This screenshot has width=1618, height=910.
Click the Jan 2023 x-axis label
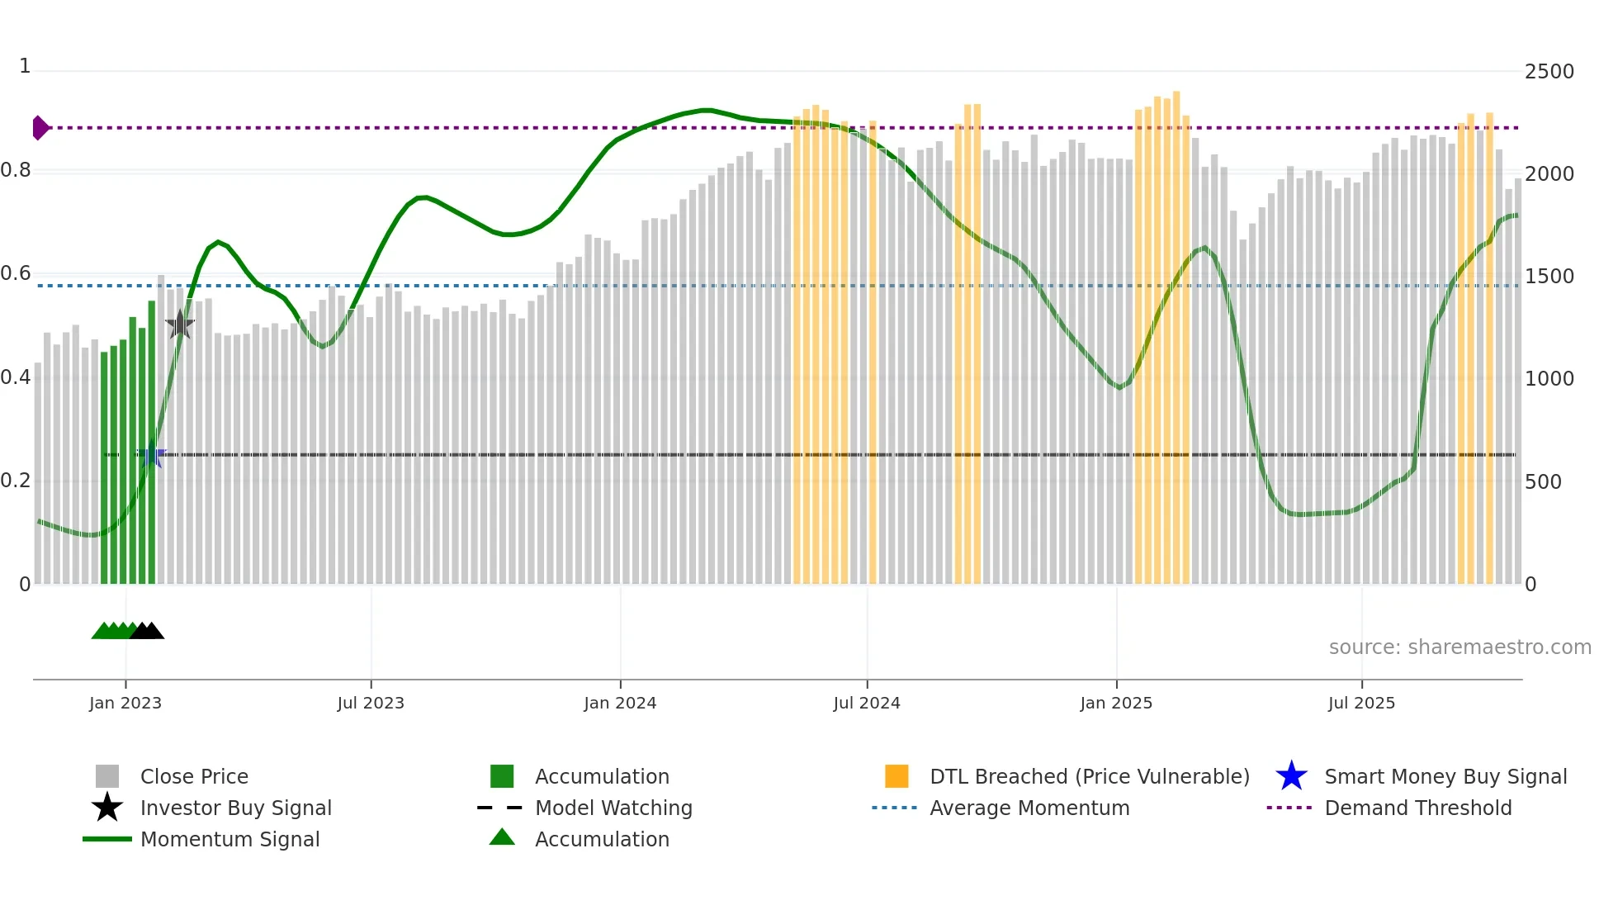click(x=125, y=703)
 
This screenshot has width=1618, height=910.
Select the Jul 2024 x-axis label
click(x=867, y=703)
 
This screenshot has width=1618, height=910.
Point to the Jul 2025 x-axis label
click(x=1361, y=703)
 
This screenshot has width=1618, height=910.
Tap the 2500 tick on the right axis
click(x=1549, y=72)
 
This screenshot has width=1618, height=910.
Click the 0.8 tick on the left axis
click(x=16, y=170)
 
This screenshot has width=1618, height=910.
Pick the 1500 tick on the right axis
click(x=1549, y=277)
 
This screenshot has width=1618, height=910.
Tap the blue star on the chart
click(x=152, y=455)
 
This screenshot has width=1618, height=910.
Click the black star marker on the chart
click(x=180, y=325)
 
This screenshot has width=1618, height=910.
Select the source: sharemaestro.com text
click(x=1460, y=647)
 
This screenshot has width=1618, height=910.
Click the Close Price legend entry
click(x=194, y=777)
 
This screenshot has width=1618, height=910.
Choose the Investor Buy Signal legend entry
click(x=235, y=808)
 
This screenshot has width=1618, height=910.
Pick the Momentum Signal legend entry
click(x=229, y=840)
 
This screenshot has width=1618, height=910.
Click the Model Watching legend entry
click(x=613, y=808)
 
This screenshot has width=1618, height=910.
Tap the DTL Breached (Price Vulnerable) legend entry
click(x=1089, y=777)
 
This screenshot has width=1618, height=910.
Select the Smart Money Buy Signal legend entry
click(x=1445, y=777)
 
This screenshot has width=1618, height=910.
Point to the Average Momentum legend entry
click(x=1029, y=808)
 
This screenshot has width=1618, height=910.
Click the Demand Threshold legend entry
click(x=1417, y=808)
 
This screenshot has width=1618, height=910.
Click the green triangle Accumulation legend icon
click(x=502, y=838)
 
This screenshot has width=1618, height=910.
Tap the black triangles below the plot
click(x=147, y=632)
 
